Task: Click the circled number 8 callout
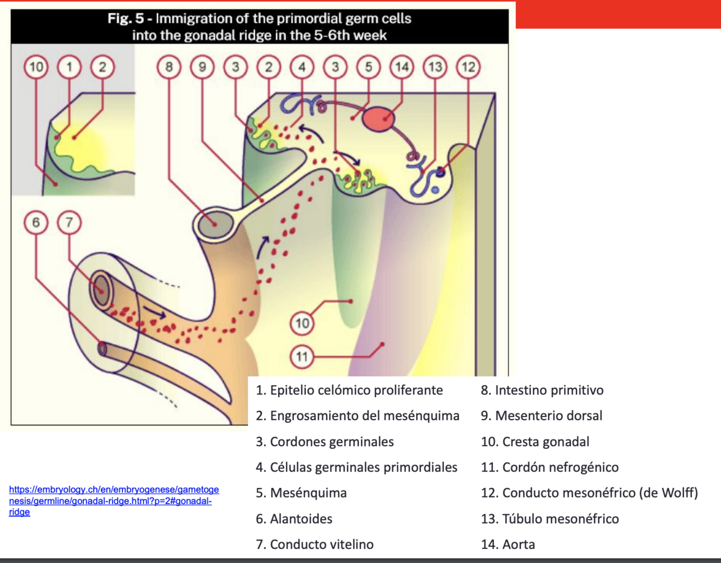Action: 169,67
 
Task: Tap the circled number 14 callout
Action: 402,67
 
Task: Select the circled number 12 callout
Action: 468,67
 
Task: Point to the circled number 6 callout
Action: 36,222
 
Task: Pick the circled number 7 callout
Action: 69,222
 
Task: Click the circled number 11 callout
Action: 302,356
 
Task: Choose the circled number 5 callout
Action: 369,67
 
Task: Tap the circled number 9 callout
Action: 202,67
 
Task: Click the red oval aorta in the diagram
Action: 378,120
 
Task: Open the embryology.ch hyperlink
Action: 114,500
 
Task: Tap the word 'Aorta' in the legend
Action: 518,544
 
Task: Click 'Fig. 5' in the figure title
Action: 125,18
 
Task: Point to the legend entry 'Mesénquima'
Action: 308,493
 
